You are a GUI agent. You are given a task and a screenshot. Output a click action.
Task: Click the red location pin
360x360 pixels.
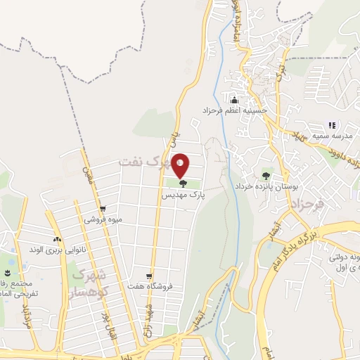[x=181, y=165]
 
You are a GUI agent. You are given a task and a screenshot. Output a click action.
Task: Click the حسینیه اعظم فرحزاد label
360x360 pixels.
[x=255, y=110]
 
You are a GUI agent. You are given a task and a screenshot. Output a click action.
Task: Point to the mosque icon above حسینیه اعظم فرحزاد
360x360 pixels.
[x=234, y=99]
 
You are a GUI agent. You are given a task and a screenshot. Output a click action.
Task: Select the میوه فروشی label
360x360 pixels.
[x=104, y=220]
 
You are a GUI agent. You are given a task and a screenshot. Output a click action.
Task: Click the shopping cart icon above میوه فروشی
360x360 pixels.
[x=103, y=209]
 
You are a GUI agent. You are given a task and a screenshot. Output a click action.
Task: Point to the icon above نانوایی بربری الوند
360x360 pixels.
[x=56, y=239]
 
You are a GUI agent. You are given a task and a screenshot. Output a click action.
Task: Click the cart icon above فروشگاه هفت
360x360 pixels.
[x=148, y=276]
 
